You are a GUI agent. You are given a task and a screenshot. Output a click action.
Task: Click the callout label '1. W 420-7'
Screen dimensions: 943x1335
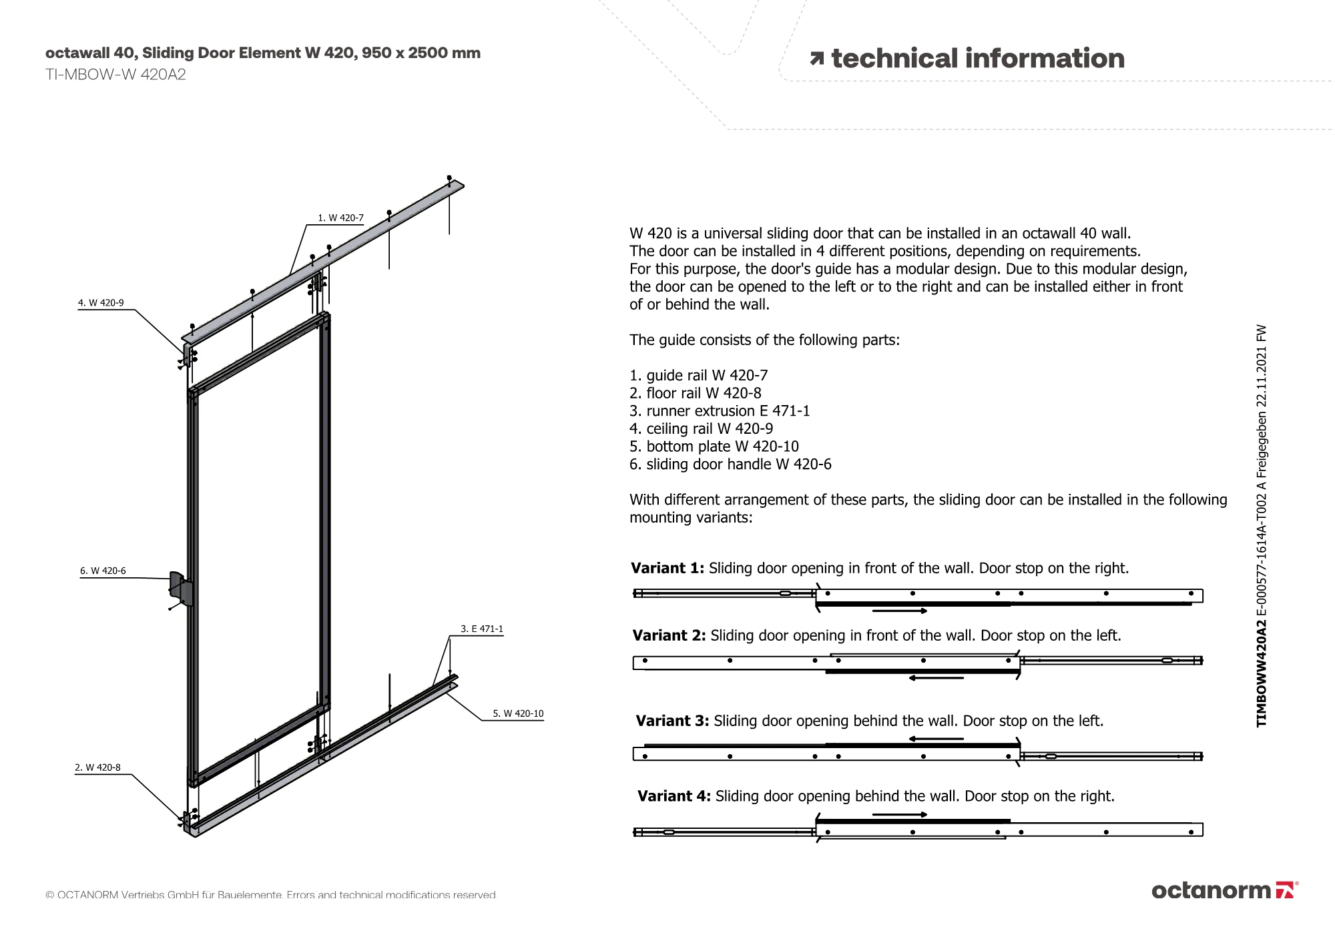pyautogui.click(x=340, y=218)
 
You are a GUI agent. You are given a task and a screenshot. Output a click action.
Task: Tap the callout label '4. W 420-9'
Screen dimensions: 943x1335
pyautogui.click(x=101, y=303)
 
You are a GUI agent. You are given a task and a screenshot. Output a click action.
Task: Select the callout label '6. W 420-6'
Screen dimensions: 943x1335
pyautogui.click(x=103, y=571)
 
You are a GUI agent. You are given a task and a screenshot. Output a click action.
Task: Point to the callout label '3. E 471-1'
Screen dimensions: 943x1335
pyautogui.click(x=482, y=629)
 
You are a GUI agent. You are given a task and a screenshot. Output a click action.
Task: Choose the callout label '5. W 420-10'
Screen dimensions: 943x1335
pyautogui.click(x=518, y=713)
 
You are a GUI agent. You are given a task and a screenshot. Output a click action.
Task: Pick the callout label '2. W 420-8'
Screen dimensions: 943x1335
pyautogui.click(x=97, y=767)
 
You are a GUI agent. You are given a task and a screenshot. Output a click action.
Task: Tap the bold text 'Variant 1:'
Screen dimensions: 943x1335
pyautogui.click(x=667, y=568)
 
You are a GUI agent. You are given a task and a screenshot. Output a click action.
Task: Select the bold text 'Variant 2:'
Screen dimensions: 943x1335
pyautogui.click(x=669, y=635)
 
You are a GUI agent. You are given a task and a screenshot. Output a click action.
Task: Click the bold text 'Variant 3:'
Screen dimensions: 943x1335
pyautogui.click(x=672, y=721)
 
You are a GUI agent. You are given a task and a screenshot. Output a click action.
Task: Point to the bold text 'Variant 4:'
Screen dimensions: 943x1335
pyautogui.click(x=674, y=796)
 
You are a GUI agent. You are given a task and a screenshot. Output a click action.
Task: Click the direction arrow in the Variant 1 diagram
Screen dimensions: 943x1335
pyautogui.click(x=899, y=611)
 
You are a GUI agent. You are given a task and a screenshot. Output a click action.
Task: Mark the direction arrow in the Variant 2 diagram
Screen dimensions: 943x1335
pyautogui.click(x=936, y=678)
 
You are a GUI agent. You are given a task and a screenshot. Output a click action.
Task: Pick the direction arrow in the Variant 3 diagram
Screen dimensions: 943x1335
pyautogui.click(x=936, y=739)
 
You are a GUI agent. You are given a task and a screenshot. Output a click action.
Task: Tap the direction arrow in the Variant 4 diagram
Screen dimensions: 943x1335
pyautogui.click(x=899, y=814)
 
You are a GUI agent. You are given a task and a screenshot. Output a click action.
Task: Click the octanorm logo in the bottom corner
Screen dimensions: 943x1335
pyautogui.click(x=1224, y=890)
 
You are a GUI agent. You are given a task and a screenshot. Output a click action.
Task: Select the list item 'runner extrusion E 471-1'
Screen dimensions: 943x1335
pyautogui.click(x=720, y=411)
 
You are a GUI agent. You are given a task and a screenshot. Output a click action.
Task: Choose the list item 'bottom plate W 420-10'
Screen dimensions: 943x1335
pyautogui.click(x=714, y=446)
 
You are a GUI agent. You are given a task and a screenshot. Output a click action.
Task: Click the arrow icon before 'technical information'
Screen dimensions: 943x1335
pyautogui.click(x=816, y=59)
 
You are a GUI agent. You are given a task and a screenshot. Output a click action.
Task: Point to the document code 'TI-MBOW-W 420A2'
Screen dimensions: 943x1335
pyautogui.click(x=115, y=75)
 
